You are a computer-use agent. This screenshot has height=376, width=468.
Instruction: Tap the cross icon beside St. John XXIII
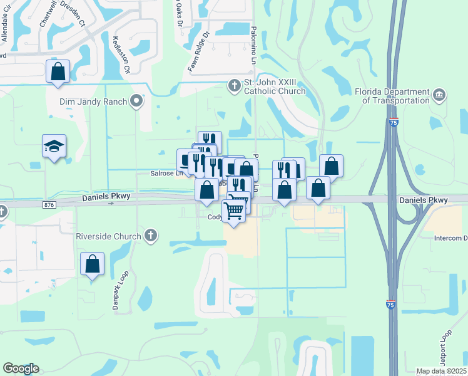click(235, 85)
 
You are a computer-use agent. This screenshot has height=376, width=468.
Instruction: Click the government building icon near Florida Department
click(440, 95)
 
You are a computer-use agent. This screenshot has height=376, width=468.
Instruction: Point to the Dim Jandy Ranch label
click(93, 101)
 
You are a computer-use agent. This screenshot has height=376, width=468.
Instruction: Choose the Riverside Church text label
click(108, 236)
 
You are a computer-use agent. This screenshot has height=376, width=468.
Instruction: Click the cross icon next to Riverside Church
click(150, 236)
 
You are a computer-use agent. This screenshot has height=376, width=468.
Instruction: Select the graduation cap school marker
click(54, 147)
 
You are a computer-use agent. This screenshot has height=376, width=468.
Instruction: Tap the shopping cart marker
click(234, 210)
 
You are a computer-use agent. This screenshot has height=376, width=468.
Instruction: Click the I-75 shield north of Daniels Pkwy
click(393, 122)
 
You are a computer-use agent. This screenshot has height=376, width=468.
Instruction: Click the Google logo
click(21, 368)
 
